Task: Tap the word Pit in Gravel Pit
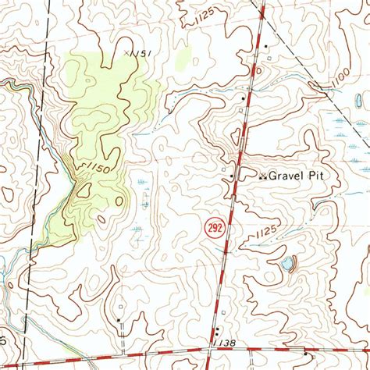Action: pyautogui.click(x=324, y=177)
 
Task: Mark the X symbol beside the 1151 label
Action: pyautogui.click(x=126, y=52)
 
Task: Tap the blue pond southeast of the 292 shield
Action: pyautogui.click(x=288, y=264)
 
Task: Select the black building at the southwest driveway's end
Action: pyautogui.click(x=119, y=319)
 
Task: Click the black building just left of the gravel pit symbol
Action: pyautogui.click(x=232, y=177)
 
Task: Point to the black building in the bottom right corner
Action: pyautogui.click(x=305, y=353)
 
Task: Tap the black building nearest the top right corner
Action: pyautogui.click(x=266, y=47)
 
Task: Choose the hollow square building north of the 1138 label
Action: pyautogui.click(x=222, y=312)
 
